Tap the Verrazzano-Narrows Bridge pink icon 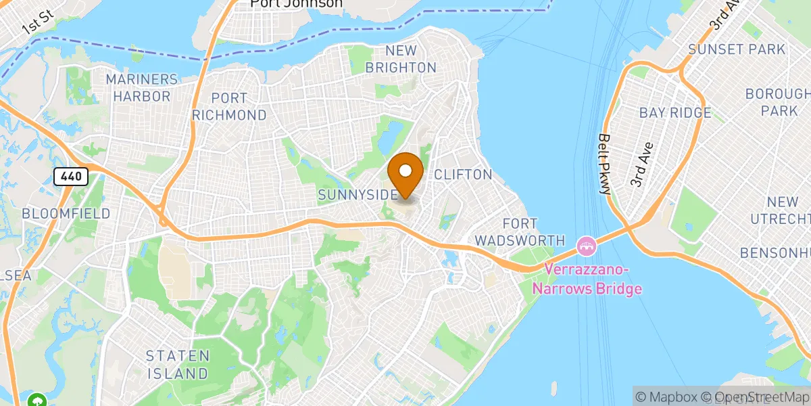(x=587, y=244)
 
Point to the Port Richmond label (x=229, y=106)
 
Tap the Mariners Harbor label (x=142, y=88)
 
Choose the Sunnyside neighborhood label (x=358, y=195)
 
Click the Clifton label (x=463, y=175)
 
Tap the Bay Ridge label (x=675, y=112)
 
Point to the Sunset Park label (x=737, y=49)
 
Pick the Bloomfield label (x=66, y=213)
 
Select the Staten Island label (x=178, y=364)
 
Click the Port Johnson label (x=296, y=4)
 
